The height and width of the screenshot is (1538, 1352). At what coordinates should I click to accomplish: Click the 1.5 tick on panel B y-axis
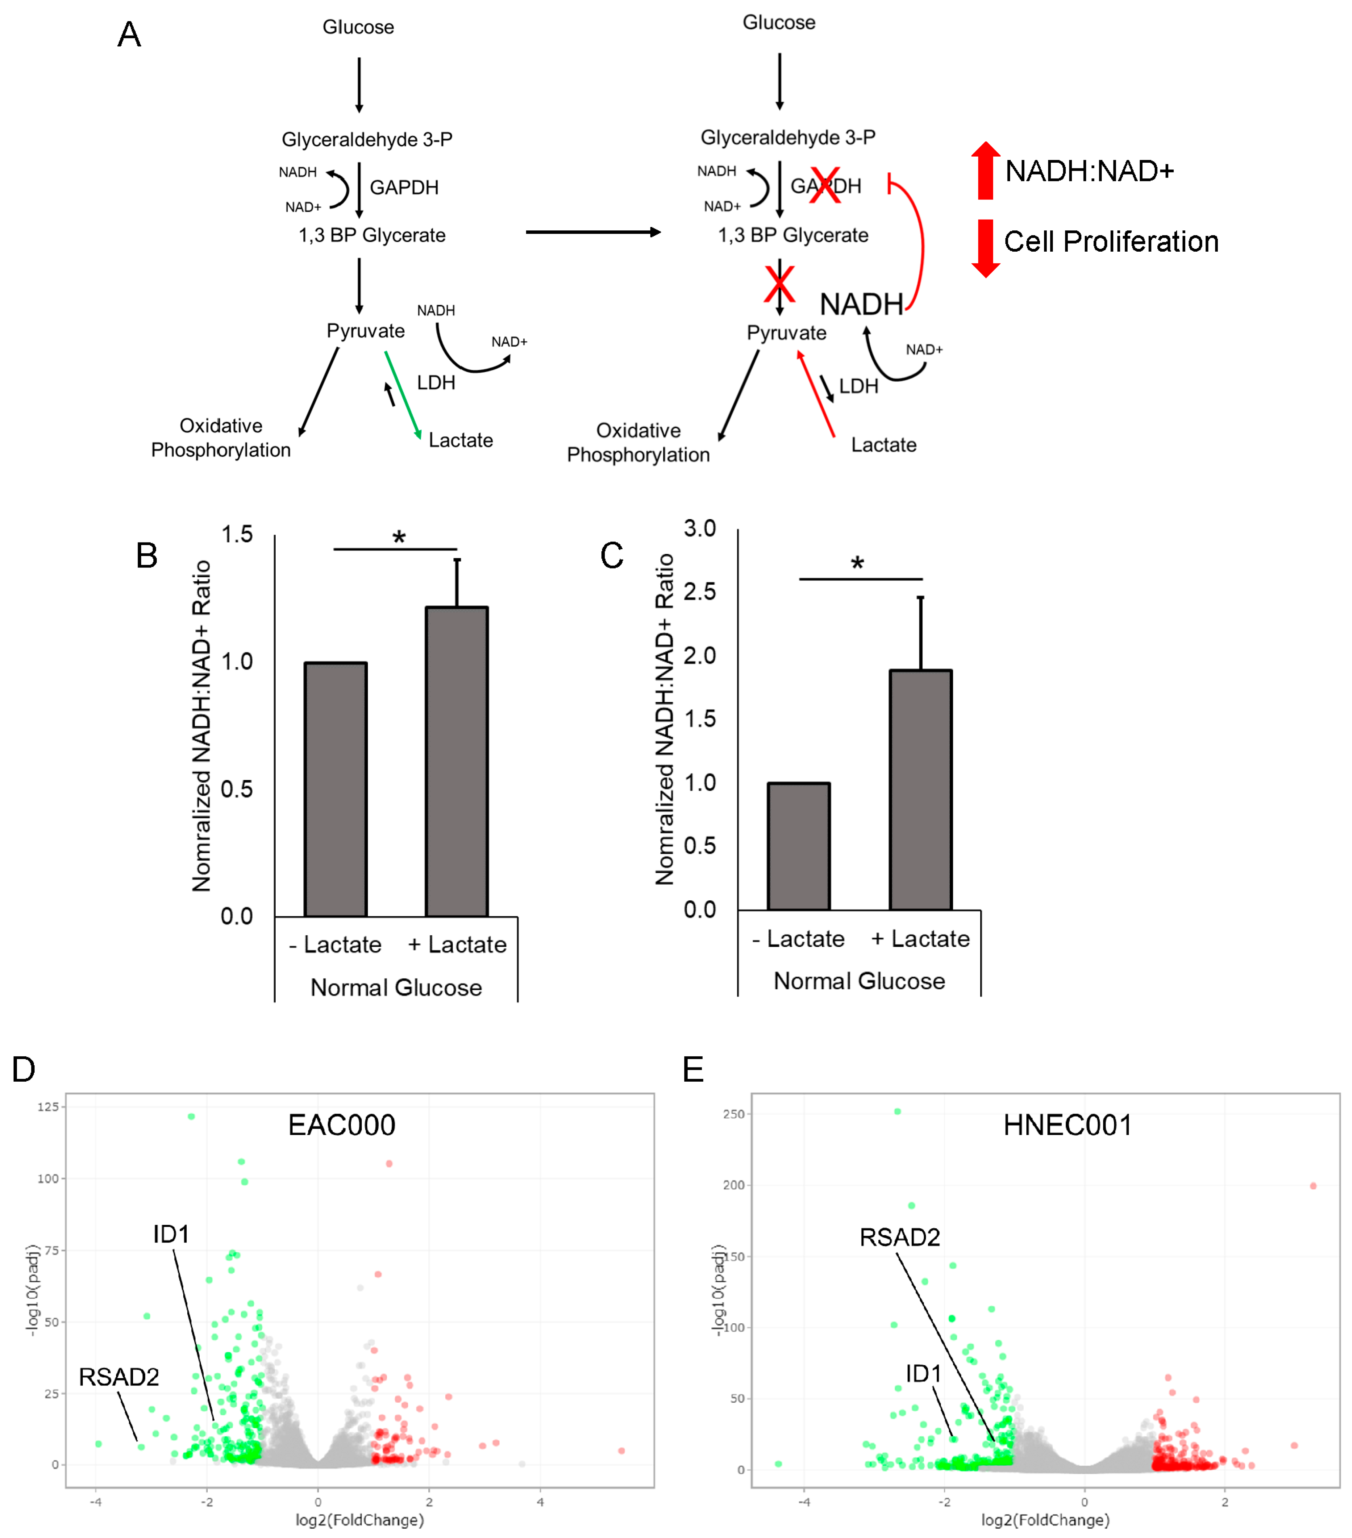[237, 535]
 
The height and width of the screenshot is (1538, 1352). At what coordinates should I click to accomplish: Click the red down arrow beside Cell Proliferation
[985, 248]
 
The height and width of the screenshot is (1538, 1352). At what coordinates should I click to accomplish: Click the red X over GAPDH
[825, 185]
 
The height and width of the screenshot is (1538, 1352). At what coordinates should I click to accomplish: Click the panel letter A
[129, 35]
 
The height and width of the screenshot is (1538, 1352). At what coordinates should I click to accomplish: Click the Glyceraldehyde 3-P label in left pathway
[367, 139]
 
